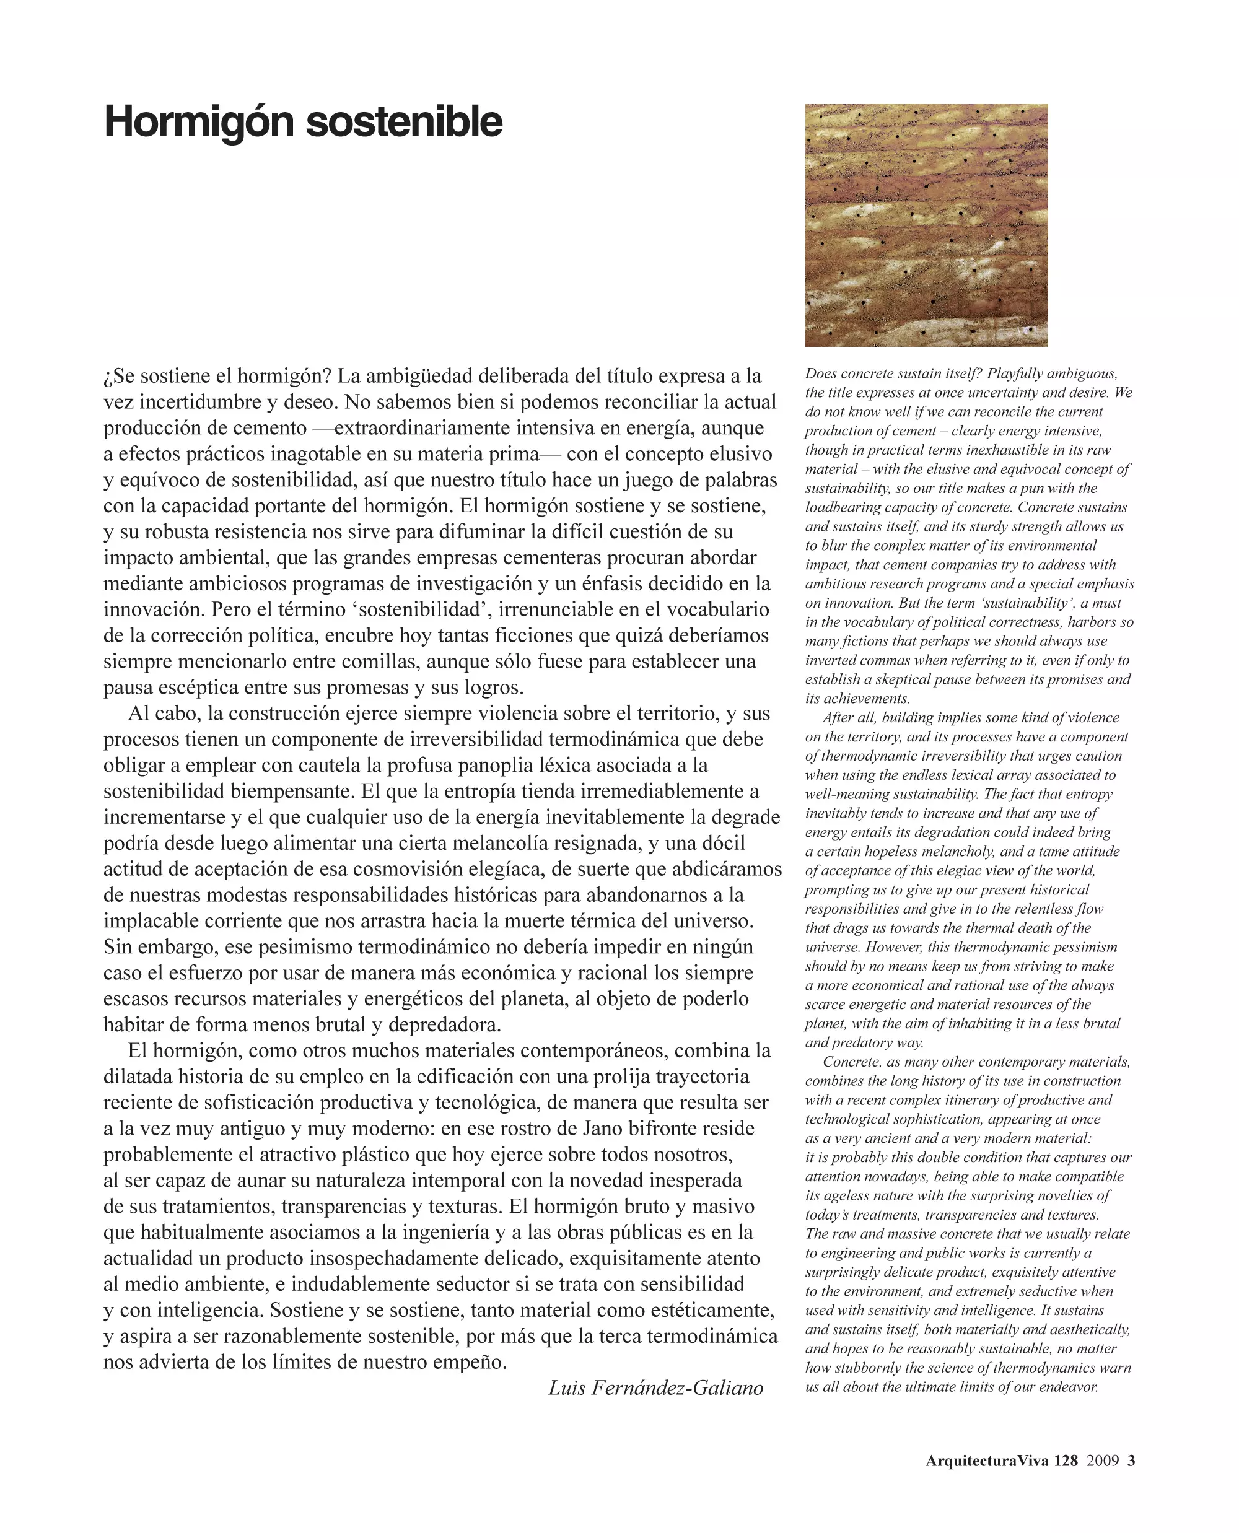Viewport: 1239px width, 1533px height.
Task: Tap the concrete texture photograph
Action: (x=926, y=225)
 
